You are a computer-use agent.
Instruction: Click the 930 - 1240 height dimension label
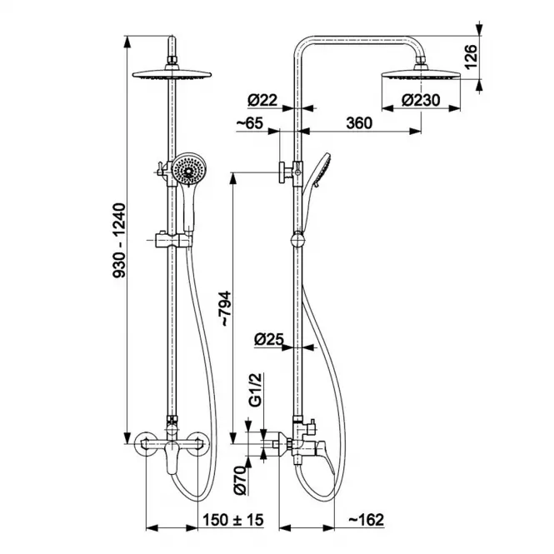pos(119,240)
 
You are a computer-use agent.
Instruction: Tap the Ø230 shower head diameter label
pos(421,100)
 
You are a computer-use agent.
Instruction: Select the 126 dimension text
pos(470,57)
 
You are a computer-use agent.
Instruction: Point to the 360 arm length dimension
pos(359,123)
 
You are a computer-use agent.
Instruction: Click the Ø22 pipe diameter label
pos(262,100)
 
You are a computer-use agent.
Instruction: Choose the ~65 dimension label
pos(250,123)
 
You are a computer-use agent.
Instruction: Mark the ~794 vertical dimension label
pos(226,308)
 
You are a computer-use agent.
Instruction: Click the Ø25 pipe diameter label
pos(269,340)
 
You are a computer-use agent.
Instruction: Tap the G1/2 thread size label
pos(255,390)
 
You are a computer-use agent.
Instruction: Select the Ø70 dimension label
pos(240,480)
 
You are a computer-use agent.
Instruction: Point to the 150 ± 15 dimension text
pos(232,520)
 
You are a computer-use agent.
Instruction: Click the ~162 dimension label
pos(366,520)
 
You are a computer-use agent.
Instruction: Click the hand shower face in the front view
pos(188,169)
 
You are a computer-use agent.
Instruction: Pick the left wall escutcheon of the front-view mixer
pos(146,444)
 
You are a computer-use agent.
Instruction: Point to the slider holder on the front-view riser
pos(174,240)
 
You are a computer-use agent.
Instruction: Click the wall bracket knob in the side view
pos(283,172)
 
